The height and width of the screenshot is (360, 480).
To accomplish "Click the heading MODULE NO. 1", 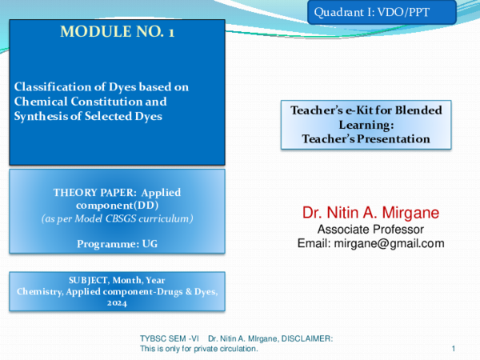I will (x=117, y=33).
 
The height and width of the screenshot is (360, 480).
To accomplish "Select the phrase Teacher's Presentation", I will (x=366, y=138).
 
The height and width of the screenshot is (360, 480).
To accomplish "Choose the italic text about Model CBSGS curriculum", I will (x=117, y=218).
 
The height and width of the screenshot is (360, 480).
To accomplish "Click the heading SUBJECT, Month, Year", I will (x=117, y=279).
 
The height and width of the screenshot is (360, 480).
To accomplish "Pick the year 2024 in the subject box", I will (x=117, y=303).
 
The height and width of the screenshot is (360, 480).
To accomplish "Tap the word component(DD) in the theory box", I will (x=117, y=205).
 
